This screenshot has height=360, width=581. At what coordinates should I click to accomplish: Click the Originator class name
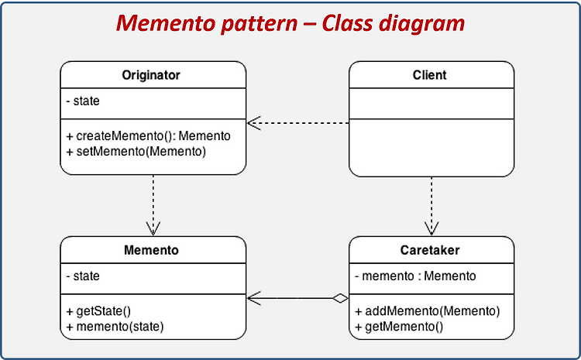[x=151, y=75]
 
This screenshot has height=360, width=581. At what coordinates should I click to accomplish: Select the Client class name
[x=429, y=75]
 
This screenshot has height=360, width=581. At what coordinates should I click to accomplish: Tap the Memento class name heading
[x=151, y=250]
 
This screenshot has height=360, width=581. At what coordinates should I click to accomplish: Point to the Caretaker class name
[x=430, y=250]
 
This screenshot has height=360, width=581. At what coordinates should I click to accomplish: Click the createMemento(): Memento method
[x=148, y=136]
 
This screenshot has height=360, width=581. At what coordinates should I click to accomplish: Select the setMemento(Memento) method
[x=136, y=152]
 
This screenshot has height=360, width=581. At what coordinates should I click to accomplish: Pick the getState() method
[x=98, y=311]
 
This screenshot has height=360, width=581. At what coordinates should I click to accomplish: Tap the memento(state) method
[x=115, y=327]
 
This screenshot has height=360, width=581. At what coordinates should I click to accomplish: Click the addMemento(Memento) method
[x=427, y=311]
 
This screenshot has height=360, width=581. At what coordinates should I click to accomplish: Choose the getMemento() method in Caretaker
[x=399, y=327]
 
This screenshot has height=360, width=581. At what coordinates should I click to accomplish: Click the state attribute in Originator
[x=83, y=101]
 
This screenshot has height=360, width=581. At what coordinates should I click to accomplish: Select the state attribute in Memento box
[x=83, y=276]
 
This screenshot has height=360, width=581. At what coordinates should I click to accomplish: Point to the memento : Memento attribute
[x=415, y=276]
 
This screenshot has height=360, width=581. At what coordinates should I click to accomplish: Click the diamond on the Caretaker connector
[x=340, y=298]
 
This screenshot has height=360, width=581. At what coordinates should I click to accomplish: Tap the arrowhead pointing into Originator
[x=254, y=123]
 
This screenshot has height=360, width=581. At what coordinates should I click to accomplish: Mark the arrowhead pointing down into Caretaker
[x=431, y=228]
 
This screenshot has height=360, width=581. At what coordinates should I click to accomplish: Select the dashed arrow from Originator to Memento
[x=153, y=205]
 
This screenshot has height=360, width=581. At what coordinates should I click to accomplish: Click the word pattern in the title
[x=260, y=23]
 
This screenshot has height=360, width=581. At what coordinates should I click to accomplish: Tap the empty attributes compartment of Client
[x=431, y=104]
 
